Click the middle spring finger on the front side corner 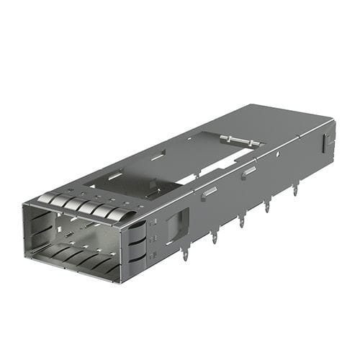tap(137, 243)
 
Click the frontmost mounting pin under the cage tap(186, 253)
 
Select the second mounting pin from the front tap(215, 236)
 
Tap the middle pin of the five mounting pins tap(241, 220)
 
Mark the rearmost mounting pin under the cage tap(294, 189)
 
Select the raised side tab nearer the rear tap(248, 171)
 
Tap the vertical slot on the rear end tap(327, 141)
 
